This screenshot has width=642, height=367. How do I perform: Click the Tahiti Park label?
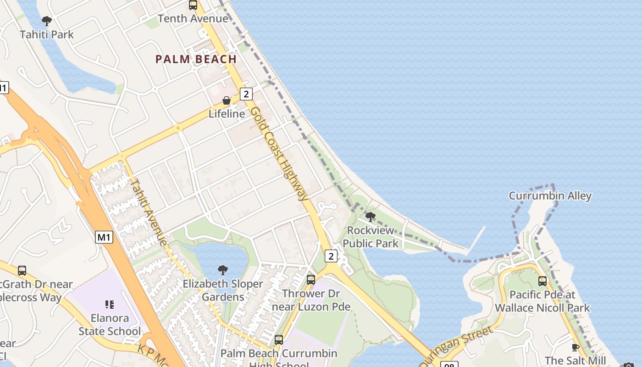(47, 34)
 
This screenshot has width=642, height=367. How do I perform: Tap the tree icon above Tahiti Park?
(46, 21)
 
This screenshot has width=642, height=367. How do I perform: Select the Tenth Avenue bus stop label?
(193, 18)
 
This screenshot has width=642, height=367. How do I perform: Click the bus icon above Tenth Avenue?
(193, 5)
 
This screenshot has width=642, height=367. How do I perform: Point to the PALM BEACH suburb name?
(196, 59)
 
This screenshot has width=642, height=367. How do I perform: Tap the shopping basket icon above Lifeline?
(227, 100)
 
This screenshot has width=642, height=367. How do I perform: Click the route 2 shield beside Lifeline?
(246, 94)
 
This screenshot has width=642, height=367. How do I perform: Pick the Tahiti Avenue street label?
(149, 211)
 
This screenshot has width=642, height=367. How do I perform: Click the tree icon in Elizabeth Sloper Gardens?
(223, 270)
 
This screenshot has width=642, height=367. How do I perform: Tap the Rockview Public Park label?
(371, 237)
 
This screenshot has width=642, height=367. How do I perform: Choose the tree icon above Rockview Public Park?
(371, 217)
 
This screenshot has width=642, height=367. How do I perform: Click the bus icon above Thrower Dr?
(311, 279)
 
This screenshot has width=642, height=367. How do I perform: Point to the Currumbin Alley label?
(550, 196)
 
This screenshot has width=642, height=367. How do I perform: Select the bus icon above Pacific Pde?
(542, 281)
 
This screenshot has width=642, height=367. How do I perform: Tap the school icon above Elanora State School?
(109, 304)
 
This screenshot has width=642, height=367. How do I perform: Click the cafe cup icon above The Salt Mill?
(575, 347)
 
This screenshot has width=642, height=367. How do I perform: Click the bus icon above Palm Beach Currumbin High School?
(278, 340)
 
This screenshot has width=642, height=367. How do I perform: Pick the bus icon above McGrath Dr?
(22, 271)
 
